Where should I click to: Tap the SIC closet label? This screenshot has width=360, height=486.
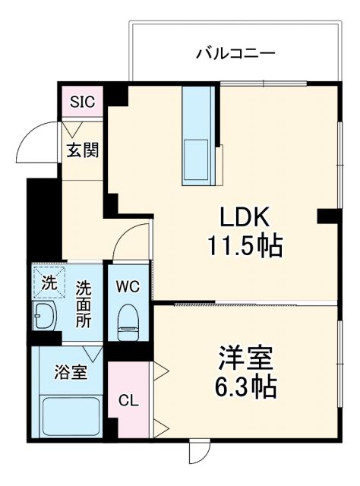coord(82,103)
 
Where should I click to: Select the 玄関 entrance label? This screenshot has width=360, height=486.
coord(82,149)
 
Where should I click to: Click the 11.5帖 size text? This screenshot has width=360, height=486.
coord(245,245)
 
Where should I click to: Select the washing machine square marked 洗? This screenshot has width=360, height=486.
coord(48,284)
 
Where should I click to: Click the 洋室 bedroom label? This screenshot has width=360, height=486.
coord(245,358)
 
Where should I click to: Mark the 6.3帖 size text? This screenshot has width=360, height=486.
coord(245,387)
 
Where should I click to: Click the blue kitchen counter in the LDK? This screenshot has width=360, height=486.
coord(201,135)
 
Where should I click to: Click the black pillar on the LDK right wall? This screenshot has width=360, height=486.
coord(328,216)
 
